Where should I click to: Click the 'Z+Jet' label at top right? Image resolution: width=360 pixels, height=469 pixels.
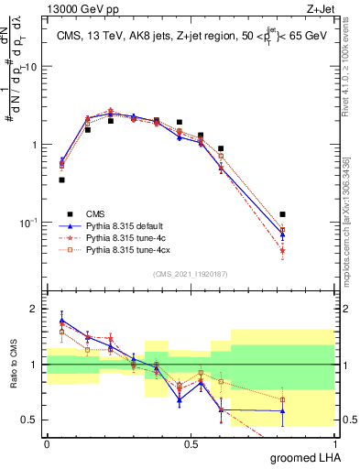pyautogui.click(x=319, y=9)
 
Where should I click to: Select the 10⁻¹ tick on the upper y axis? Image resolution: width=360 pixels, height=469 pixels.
pyautogui.click(x=30, y=223)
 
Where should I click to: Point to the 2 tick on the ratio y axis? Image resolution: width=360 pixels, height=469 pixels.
pyautogui.click(x=35, y=309)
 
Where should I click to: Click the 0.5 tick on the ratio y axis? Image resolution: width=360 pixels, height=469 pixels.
pyautogui.click(x=31, y=420)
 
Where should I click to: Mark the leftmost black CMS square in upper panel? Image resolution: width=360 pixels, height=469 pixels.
pyautogui.click(x=61, y=180)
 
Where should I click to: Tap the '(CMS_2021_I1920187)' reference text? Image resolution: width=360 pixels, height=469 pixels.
pyautogui.click(x=190, y=273)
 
